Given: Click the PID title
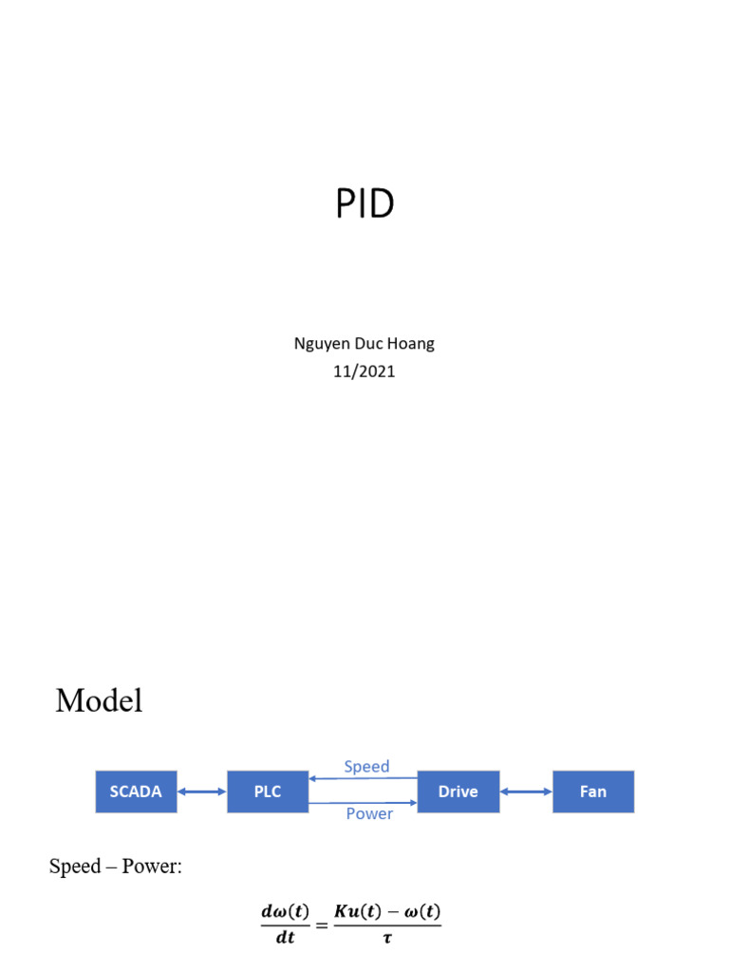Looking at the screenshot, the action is [x=364, y=203].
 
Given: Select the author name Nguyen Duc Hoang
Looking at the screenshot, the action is [x=364, y=344].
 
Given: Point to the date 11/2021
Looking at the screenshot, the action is [x=364, y=372].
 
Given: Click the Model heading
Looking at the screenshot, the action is [x=99, y=701].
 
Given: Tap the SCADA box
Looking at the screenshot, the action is [x=136, y=792].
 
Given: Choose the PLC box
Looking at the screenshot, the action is [x=268, y=792].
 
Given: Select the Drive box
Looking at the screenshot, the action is [x=458, y=792].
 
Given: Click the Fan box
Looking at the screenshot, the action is [x=593, y=792].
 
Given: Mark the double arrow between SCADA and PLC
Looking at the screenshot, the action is [x=201, y=792].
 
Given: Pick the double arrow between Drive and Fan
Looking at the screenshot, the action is [x=526, y=792].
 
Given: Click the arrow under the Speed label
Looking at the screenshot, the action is [x=364, y=778].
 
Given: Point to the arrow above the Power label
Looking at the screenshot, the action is [x=364, y=804].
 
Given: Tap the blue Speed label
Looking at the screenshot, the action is [x=366, y=766].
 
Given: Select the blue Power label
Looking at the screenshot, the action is [x=369, y=814].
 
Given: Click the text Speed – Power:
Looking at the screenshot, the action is [x=115, y=867].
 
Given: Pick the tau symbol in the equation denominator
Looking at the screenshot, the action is [x=387, y=938].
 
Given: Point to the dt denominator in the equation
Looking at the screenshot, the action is [x=285, y=938].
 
